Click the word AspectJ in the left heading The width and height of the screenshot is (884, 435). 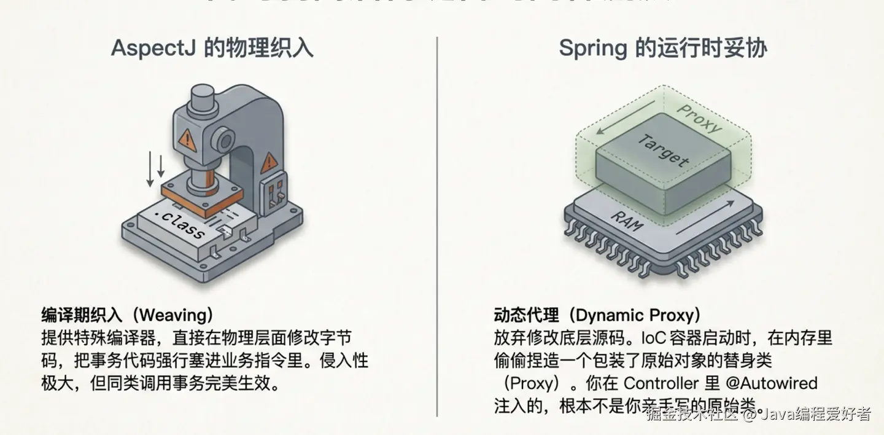click(153, 48)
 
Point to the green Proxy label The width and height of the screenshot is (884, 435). click(699, 118)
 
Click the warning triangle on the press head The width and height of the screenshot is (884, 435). click(187, 141)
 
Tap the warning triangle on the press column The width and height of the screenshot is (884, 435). click(269, 163)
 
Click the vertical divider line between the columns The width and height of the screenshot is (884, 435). click(437, 227)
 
